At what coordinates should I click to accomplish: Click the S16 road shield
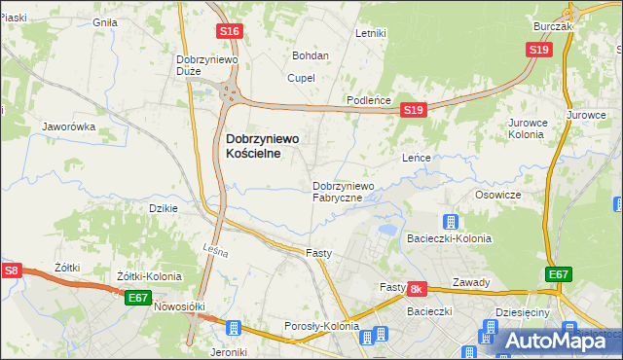(x=230, y=32)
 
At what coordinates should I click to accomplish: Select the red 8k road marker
(x=417, y=289)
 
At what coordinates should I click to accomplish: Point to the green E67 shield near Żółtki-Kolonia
(x=138, y=299)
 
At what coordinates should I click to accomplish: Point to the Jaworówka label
(x=68, y=126)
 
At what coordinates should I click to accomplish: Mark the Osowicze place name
(x=498, y=195)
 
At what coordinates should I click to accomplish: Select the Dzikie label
(x=163, y=208)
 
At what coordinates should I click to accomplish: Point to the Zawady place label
(x=471, y=283)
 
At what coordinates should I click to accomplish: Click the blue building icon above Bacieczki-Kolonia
(x=451, y=221)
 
